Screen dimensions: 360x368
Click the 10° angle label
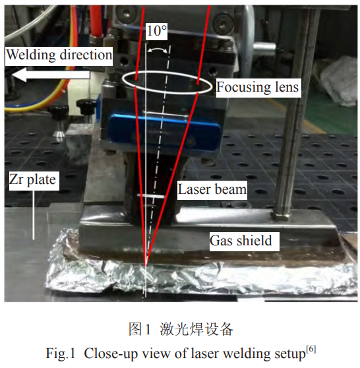click(x=156, y=31)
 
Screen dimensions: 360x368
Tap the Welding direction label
click(x=59, y=55)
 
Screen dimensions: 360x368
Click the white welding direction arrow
click(x=51, y=75)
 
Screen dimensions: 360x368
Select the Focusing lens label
click(x=257, y=87)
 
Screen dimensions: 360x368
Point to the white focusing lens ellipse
click(x=167, y=71)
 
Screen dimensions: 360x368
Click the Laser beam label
click(x=212, y=189)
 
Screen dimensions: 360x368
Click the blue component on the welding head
click(x=164, y=131)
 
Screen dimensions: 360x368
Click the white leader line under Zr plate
click(x=34, y=215)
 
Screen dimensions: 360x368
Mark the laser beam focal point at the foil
click(x=146, y=265)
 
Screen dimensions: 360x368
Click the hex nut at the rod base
click(x=281, y=214)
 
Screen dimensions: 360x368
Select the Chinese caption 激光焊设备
click(x=196, y=329)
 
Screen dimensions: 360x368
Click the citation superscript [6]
click(x=311, y=350)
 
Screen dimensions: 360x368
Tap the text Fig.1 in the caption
click(x=60, y=353)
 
